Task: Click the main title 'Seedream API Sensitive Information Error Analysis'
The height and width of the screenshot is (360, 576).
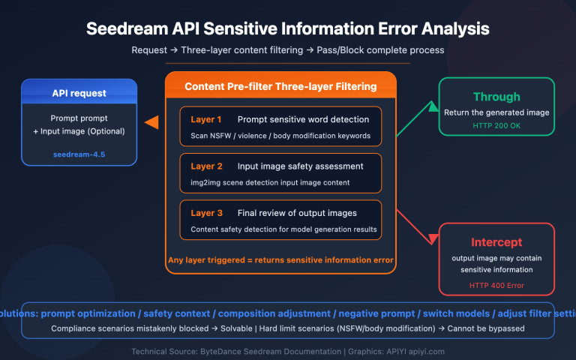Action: (x=288, y=29)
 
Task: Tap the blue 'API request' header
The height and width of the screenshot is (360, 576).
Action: (x=79, y=94)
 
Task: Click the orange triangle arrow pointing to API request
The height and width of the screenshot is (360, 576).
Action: (x=151, y=122)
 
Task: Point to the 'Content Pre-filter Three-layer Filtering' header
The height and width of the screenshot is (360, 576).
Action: (x=280, y=87)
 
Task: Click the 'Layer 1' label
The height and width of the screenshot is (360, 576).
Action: (x=206, y=119)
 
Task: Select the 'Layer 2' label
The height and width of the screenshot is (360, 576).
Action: (x=206, y=166)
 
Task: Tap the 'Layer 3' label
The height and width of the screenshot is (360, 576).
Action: (x=206, y=213)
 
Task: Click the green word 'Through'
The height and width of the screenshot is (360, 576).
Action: (x=496, y=97)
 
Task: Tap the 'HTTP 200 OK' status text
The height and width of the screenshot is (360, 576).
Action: (x=496, y=124)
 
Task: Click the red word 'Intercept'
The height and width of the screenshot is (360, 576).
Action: (x=496, y=243)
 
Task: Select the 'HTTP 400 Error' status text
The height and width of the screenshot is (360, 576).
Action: (x=496, y=285)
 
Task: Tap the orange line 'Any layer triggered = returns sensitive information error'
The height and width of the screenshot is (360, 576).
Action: (x=280, y=261)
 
